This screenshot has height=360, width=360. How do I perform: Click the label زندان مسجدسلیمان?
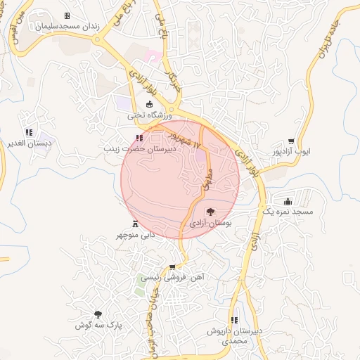click(x=67, y=26)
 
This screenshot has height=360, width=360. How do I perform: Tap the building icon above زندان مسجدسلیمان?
click(x=67, y=15)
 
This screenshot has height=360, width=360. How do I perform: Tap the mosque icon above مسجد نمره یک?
click(x=286, y=200)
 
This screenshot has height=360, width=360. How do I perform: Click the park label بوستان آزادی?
click(x=210, y=222)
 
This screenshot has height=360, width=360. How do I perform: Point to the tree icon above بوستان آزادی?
click(x=210, y=212)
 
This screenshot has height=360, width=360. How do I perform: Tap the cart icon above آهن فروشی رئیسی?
click(x=172, y=267)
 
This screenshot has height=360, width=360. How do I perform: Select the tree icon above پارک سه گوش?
click(x=98, y=314)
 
